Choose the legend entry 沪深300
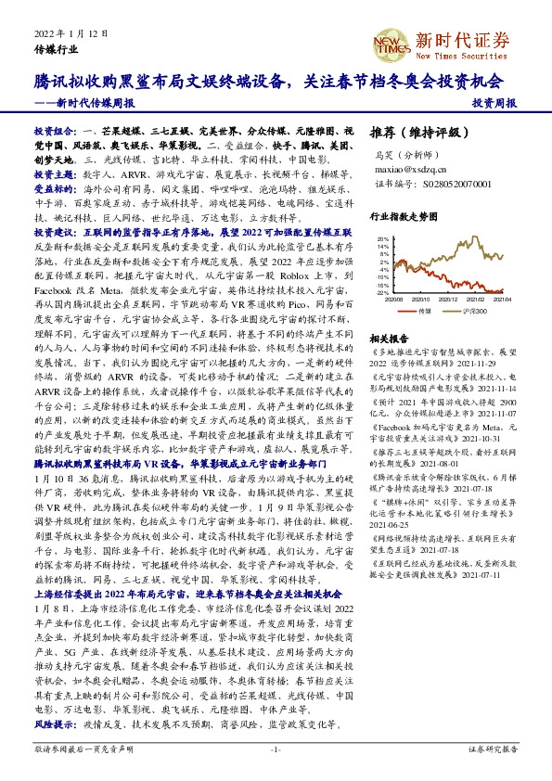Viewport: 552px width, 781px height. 468,311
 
